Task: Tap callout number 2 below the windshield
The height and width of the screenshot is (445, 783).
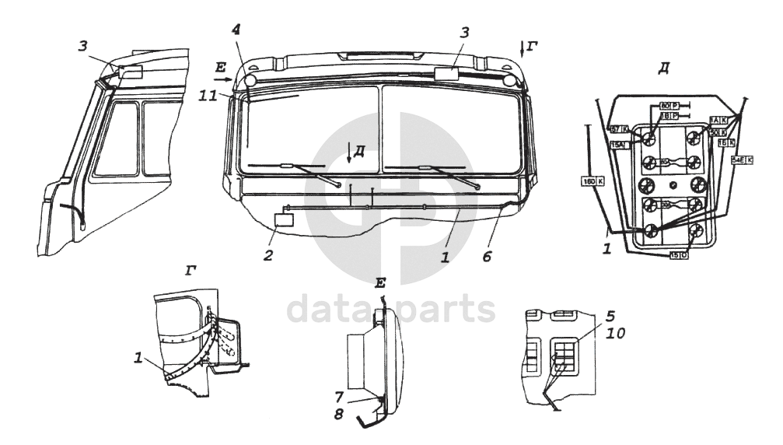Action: coord(267,254)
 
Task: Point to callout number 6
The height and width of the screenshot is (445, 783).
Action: coord(487,255)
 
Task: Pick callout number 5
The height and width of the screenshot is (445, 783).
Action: coord(611,317)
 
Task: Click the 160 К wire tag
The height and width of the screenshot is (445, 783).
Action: coord(590,180)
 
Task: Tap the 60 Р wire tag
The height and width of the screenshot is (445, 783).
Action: coord(667,105)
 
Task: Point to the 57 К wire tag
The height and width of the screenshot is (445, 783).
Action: coord(619,129)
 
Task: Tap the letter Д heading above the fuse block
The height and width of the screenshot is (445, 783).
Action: coord(663,68)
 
